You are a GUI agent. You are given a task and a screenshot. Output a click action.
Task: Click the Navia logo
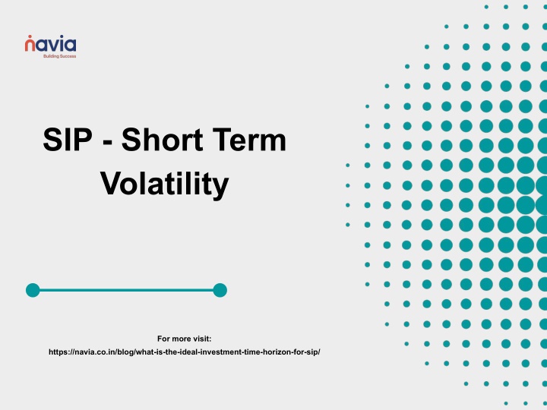tap(50, 46)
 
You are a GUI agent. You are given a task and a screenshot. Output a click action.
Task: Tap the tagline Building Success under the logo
tap(60, 56)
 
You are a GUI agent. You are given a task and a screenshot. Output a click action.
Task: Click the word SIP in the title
tap(68, 140)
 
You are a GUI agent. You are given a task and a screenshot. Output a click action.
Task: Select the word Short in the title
tap(162, 140)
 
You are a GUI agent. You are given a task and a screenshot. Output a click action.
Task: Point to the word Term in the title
tap(249, 140)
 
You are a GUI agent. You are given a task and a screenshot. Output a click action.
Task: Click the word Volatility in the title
tap(164, 184)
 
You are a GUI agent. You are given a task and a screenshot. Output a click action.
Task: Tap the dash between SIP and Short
tap(108, 143)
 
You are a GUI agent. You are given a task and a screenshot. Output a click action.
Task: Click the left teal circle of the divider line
tap(33, 290)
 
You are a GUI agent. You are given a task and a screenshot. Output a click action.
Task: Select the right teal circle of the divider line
tap(220, 290)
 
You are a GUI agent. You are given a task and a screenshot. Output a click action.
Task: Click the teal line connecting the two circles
tap(126, 290)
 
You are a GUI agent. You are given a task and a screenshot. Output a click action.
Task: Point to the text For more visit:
tap(184, 339)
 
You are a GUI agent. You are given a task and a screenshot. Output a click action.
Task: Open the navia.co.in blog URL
tap(184, 352)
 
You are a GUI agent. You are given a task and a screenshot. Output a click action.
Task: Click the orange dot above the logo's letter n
tap(30, 36)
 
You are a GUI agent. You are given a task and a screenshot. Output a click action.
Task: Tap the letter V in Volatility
tap(112, 182)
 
